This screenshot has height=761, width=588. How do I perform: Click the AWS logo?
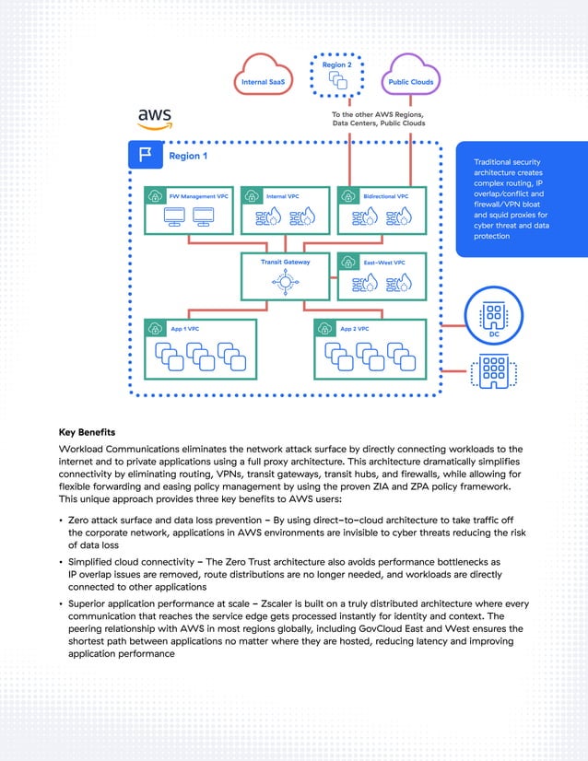click(154, 119)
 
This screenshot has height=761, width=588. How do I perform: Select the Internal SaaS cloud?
click(262, 77)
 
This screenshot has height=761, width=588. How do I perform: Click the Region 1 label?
click(187, 157)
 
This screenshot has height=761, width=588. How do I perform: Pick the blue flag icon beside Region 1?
click(145, 156)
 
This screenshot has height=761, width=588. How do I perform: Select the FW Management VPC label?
click(198, 196)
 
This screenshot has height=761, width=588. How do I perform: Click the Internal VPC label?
click(282, 196)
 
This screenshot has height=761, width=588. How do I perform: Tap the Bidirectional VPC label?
click(385, 196)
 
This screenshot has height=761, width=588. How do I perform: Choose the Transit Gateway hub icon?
click(286, 282)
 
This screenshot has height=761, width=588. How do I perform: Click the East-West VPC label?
click(383, 263)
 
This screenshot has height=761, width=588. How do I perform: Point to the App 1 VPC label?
click(185, 329)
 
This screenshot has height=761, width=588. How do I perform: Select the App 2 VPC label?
click(355, 329)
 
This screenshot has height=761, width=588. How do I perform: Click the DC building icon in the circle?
click(494, 314)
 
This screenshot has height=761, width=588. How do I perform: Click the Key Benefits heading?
click(88, 431)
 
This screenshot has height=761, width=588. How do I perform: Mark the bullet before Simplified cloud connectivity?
click(60, 561)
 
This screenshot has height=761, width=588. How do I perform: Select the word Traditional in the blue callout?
click(496, 161)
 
